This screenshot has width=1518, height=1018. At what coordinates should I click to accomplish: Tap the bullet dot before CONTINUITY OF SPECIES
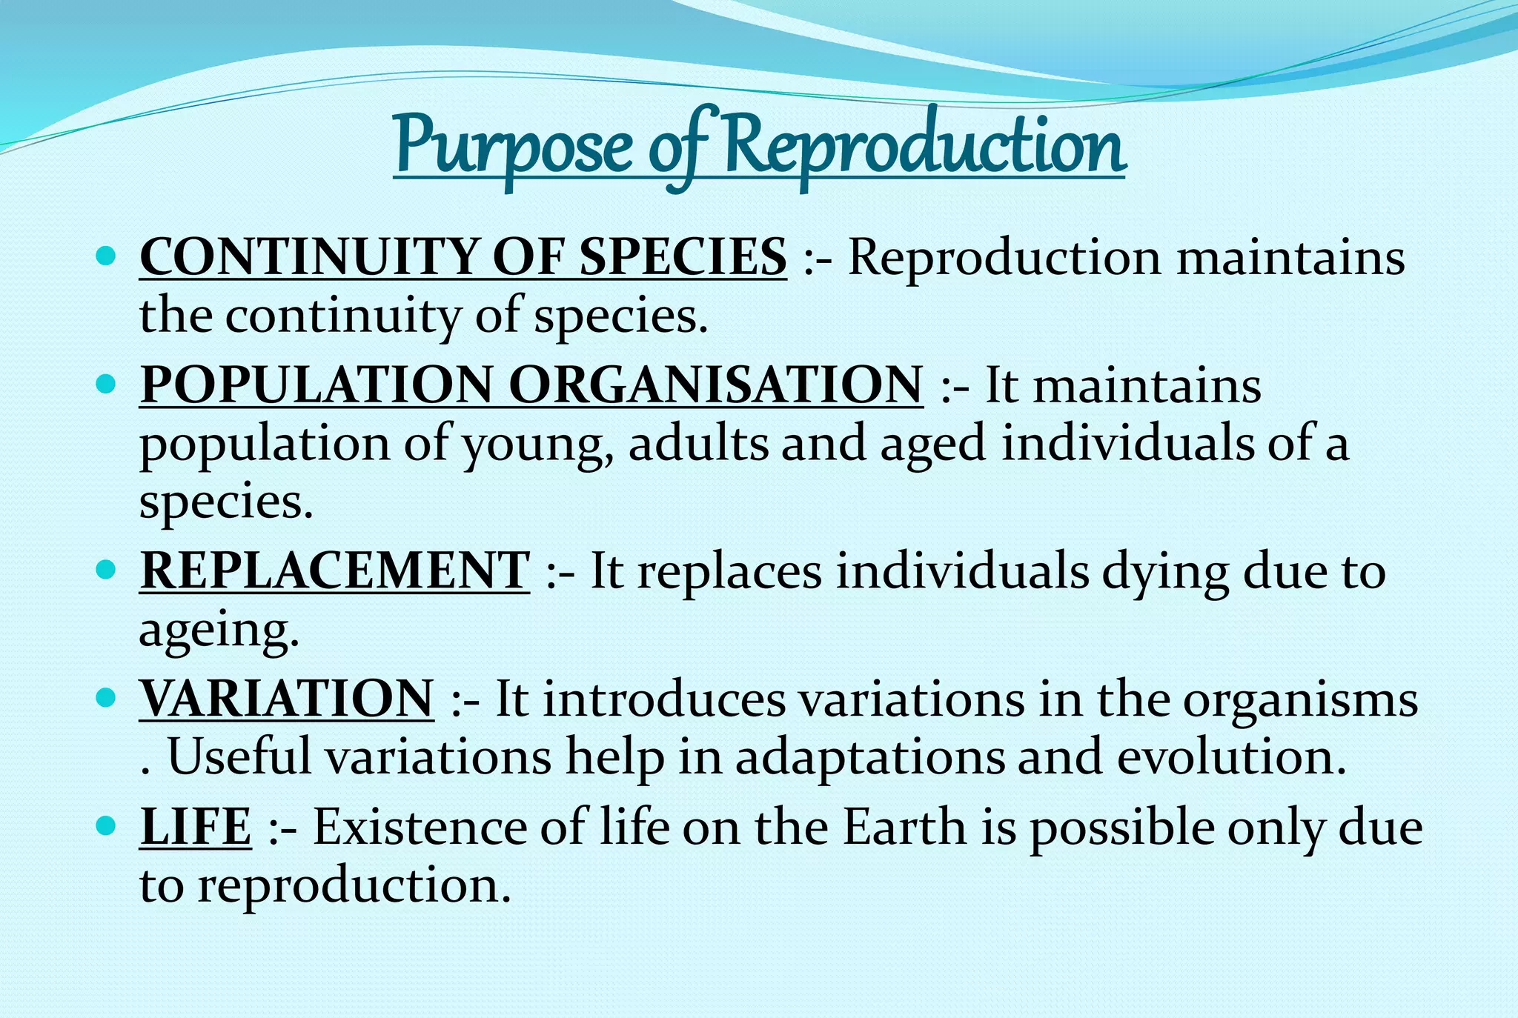(107, 256)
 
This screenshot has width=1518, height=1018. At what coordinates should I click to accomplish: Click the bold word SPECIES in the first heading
(683, 257)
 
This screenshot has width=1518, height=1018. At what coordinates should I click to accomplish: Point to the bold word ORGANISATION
(716, 385)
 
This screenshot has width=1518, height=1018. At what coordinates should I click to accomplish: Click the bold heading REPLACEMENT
(335, 571)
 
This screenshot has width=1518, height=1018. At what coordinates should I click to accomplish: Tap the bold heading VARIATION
(287, 699)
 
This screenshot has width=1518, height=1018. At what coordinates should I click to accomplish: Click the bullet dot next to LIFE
(107, 825)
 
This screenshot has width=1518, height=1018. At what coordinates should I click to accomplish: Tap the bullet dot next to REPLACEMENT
(107, 570)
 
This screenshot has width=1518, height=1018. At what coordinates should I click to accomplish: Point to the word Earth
(904, 827)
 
